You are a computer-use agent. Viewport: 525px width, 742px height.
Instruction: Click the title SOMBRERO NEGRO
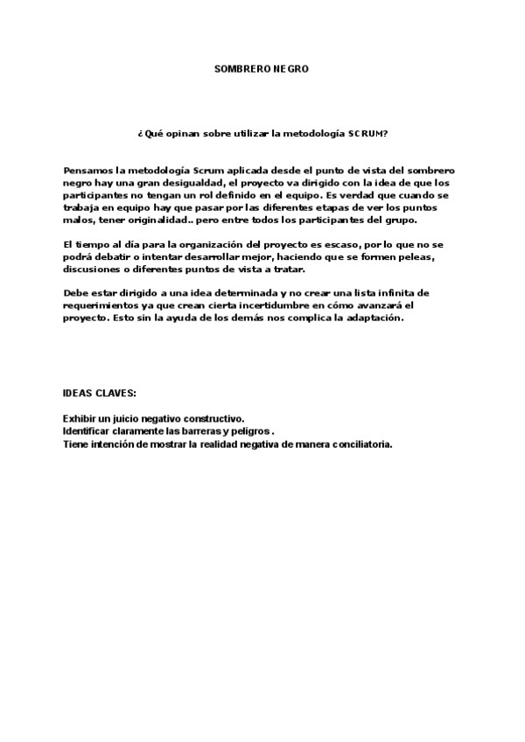pyautogui.click(x=262, y=67)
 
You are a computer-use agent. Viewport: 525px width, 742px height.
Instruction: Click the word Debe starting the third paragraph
pyautogui.click(x=77, y=291)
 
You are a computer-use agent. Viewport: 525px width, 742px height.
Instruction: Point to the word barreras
pyautogui.click(x=196, y=431)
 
